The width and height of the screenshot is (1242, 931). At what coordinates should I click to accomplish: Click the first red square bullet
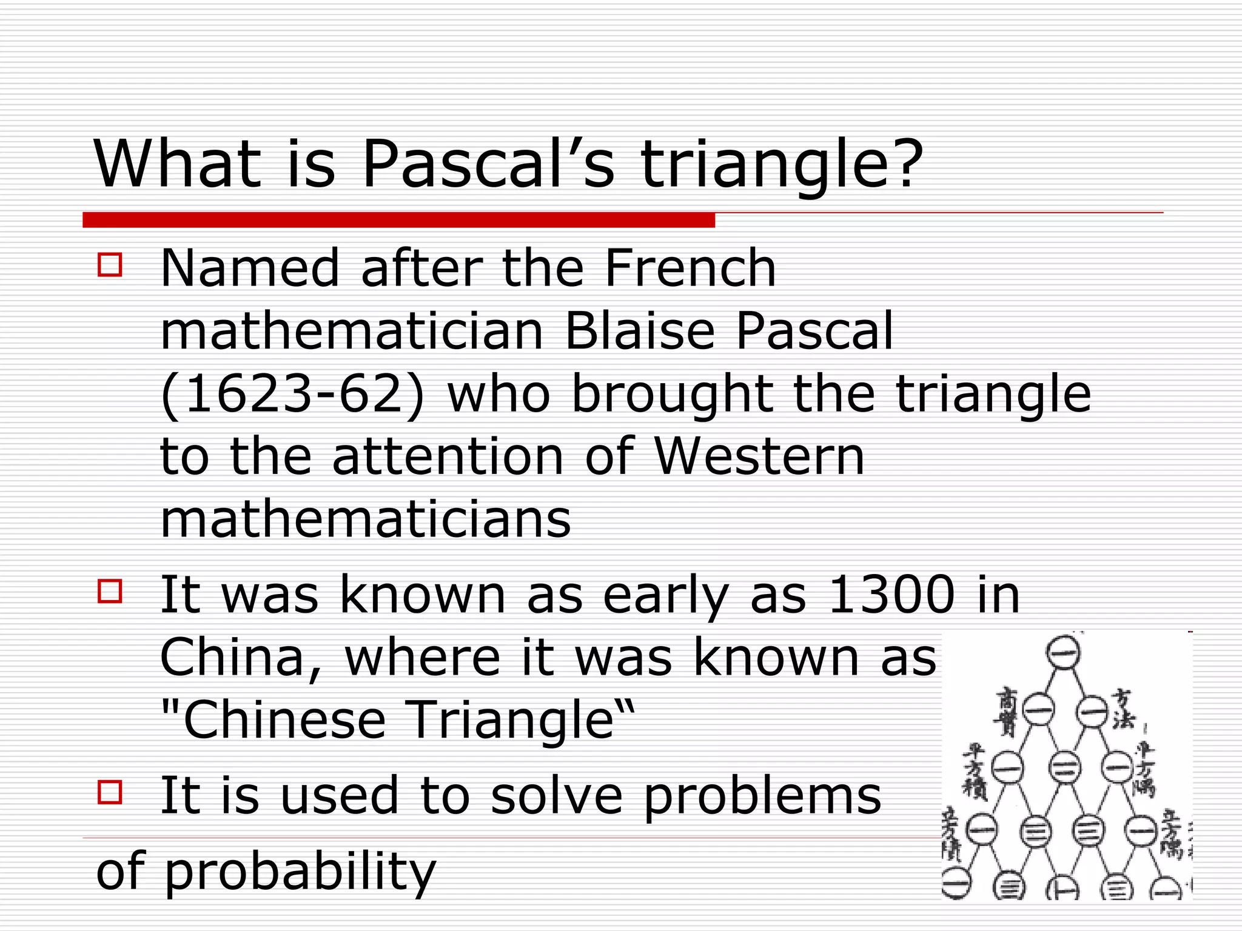coord(110,265)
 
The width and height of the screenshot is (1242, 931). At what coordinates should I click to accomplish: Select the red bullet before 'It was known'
coord(110,591)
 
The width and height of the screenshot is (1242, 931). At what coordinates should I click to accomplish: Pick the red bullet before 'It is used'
coord(110,792)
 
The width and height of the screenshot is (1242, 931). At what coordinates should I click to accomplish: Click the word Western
coord(759,457)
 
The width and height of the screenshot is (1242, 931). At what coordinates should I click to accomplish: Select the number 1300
coord(891,595)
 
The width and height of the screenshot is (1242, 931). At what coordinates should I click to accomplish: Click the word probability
coord(300,871)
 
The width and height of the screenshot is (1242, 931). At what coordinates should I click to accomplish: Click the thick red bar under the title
coord(398,219)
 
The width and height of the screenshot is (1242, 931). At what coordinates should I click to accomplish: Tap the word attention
coord(448,457)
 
